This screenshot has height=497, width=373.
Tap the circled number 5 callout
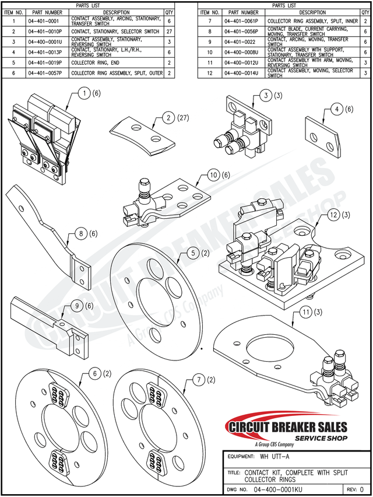pyautogui.click(x=192, y=253)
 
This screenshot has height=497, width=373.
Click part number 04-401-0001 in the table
pyautogui.click(x=45, y=20)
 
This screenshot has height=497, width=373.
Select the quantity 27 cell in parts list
pyautogui.click(x=169, y=32)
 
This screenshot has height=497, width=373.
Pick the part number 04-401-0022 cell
pyautogui.click(x=241, y=42)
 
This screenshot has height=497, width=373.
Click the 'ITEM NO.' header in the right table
pyautogui.click(x=209, y=12)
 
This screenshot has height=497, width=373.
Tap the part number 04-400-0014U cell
pyautogui.click(x=241, y=73)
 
